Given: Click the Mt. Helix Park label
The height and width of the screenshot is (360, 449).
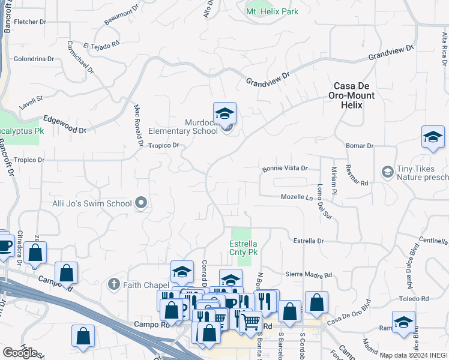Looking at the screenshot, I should coord(272,11).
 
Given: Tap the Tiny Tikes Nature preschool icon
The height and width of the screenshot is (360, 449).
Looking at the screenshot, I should coord(387,173).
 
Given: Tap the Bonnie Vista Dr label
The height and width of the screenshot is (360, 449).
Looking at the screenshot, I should coord(285,169).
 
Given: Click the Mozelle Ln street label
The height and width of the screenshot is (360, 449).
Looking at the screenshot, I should coord(297,197).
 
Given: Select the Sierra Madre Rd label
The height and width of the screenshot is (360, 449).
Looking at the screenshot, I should coord(309,275).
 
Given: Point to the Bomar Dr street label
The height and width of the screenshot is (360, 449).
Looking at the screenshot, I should coord(360,146).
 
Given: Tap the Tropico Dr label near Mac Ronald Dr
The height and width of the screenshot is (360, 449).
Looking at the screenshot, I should coord(164,145).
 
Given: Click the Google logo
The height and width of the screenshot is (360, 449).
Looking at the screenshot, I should coord(19,353).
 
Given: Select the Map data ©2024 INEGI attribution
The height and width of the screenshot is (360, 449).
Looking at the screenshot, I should coord(413,355).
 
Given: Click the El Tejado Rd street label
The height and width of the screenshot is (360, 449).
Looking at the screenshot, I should coord(101,45).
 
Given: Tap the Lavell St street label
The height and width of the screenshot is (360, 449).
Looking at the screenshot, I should coord(31,98).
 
